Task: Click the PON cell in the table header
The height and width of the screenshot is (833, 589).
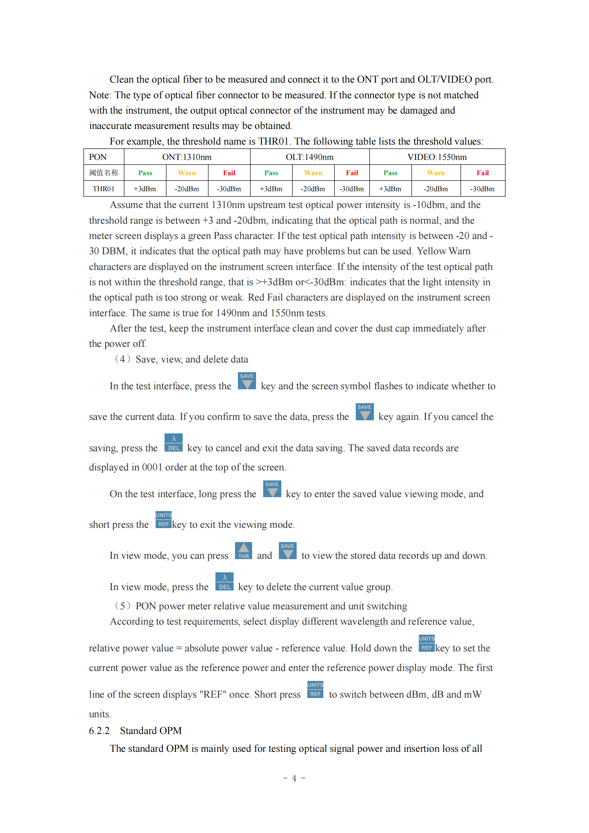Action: click(98, 157)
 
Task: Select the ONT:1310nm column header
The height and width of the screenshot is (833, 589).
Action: click(187, 157)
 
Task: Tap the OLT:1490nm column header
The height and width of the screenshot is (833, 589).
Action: click(309, 157)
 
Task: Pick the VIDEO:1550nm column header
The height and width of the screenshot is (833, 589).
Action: click(437, 157)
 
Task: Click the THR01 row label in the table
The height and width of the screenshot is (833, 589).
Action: click(103, 189)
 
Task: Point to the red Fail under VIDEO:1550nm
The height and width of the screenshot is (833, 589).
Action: click(483, 173)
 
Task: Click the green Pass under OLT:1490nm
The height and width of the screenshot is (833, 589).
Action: click(271, 173)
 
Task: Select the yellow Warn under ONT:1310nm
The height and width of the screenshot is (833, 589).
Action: click(187, 173)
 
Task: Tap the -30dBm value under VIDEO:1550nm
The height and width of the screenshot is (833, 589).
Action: click(483, 189)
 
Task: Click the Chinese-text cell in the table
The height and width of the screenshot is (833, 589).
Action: click(104, 173)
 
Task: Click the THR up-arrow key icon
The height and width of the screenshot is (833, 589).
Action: click(243, 551)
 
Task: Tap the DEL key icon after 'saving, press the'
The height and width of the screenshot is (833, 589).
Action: click(173, 443)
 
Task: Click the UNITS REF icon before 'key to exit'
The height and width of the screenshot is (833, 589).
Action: click(163, 520)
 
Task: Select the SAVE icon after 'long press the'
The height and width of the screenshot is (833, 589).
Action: click(272, 489)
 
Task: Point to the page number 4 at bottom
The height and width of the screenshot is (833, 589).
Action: click(294, 779)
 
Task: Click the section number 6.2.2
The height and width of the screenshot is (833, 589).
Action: click(99, 731)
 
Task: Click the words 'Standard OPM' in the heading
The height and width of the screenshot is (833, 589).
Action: click(151, 731)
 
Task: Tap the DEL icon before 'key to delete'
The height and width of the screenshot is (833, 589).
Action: click(224, 582)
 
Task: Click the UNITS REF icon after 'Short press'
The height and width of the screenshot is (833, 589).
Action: click(315, 690)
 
